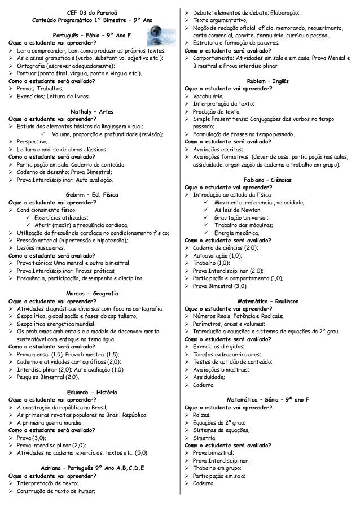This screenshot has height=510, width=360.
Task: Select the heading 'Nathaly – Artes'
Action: click(90, 111)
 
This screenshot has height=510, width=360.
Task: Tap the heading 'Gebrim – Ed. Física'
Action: click(90, 193)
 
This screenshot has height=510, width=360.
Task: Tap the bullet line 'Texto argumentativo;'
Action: click(220, 20)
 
